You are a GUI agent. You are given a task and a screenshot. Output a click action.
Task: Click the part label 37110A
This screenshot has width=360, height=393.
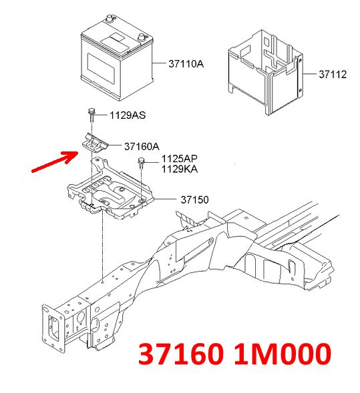[x=186, y=64]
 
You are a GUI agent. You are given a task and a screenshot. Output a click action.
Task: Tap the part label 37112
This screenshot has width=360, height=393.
[x=333, y=75]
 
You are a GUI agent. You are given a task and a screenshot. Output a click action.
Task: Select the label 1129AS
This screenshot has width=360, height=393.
[x=128, y=115]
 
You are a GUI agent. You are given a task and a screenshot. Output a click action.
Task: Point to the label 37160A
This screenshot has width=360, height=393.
[x=142, y=146]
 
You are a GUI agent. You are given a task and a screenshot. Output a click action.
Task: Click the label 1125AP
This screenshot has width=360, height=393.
[x=180, y=159]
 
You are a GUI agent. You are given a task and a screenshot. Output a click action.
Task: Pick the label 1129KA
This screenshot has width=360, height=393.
[x=180, y=169]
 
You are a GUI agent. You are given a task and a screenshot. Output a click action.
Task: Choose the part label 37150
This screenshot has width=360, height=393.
[x=194, y=200]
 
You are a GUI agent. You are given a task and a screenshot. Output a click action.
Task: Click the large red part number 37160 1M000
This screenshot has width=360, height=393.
[x=235, y=354]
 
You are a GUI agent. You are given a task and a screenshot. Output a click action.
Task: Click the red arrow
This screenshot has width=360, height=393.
[x=55, y=162]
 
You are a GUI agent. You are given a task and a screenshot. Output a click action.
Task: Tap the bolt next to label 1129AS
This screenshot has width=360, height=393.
[x=92, y=115]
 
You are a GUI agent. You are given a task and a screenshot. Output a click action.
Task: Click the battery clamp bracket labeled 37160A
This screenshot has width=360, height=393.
[x=95, y=143]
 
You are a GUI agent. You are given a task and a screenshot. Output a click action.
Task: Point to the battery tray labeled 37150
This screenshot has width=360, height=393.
[x=110, y=190]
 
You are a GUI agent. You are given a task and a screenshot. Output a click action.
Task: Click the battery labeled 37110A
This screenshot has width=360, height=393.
[x=117, y=58]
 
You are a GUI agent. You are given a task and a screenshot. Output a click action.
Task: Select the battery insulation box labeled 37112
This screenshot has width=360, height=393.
[x=265, y=73]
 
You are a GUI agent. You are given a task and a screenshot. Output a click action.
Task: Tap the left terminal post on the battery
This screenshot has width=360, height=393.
[x=110, y=18]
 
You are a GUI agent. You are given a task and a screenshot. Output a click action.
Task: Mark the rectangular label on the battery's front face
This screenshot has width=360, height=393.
[x=101, y=66]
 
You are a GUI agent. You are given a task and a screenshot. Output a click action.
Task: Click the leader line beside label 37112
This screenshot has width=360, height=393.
[x=309, y=74]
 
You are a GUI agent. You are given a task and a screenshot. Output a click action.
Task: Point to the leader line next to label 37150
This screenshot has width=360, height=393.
[x=166, y=200]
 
